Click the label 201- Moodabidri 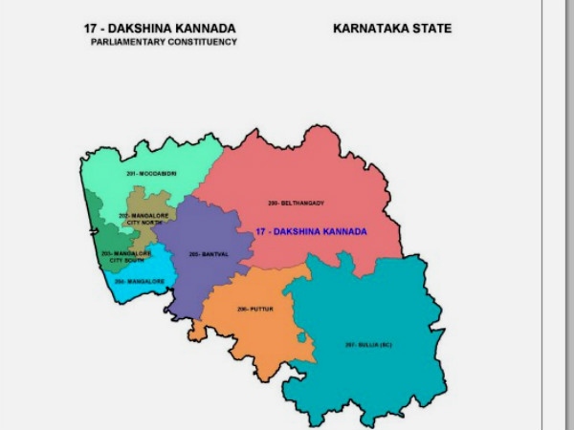[x=151, y=173]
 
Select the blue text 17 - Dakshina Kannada [x=310, y=232]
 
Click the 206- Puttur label [x=249, y=310]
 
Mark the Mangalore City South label [x=126, y=256]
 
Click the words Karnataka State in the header [x=392, y=29]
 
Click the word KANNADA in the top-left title [x=202, y=29]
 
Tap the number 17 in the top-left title [x=92, y=29]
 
